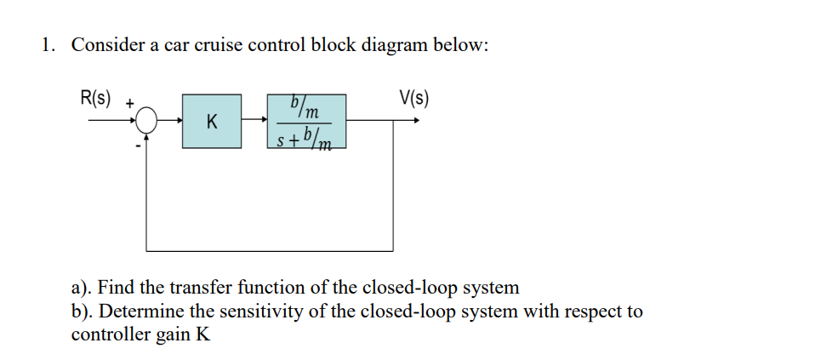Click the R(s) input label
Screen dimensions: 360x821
pyautogui.click(x=95, y=97)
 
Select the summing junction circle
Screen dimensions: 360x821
pyautogui.click(x=148, y=121)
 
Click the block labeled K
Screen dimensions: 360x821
pyautogui.click(x=211, y=121)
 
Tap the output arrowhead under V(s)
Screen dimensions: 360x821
pyautogui.click(x=415, y=121)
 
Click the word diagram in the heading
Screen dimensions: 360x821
pyautogui.click(x=393, y=46)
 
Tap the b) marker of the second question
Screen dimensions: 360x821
pyautogui.click(x=82, y=311)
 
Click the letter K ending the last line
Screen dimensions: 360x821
pyautogui.click(x=202, y=334)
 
